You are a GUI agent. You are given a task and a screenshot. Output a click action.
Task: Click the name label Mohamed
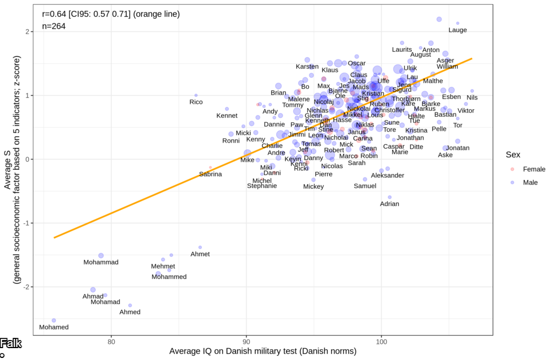54,327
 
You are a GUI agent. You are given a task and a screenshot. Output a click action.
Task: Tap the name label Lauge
458,30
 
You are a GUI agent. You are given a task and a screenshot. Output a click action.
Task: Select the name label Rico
196,102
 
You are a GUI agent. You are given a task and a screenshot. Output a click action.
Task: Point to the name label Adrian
390,204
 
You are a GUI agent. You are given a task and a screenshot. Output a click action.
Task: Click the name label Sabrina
210,174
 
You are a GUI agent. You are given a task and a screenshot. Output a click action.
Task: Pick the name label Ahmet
200,254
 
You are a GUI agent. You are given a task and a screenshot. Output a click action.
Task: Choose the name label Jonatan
458,148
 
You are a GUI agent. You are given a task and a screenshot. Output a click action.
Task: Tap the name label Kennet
227,115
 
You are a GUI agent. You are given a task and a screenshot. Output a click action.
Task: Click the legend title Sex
513,155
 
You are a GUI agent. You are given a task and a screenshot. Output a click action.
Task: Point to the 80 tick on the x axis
111,342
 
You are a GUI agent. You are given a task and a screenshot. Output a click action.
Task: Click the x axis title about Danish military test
262,352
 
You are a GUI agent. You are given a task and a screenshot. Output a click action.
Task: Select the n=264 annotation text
54,25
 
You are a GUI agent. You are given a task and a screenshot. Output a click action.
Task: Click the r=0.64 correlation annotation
110,14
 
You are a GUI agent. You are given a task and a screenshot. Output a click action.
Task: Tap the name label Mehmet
163,266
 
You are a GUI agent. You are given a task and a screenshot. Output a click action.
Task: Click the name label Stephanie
262,186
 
